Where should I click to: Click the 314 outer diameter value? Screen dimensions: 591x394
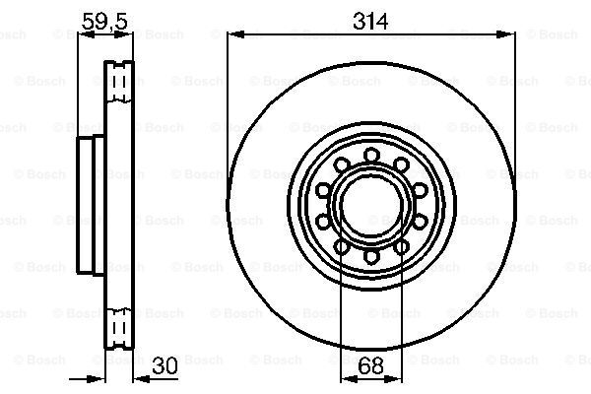370,21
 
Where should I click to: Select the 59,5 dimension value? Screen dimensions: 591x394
104,21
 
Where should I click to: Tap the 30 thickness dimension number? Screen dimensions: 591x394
164,365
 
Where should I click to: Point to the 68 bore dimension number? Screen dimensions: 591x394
371,365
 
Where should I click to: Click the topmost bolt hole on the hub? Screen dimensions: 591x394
371,155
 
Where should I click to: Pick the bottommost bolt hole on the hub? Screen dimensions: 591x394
371,256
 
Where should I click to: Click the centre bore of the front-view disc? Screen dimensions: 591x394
371,206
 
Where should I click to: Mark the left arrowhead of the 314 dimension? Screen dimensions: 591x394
236,34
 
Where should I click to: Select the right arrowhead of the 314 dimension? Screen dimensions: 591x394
505,34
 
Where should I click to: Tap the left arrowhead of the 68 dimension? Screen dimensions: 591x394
350,378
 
